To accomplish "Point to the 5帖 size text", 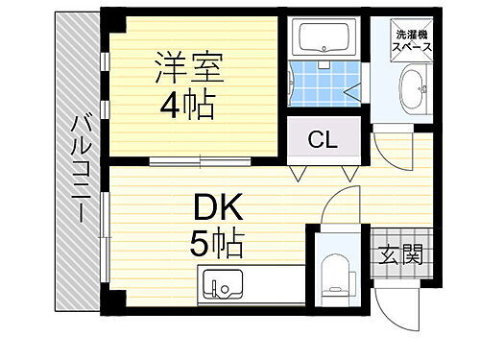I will coord(215,241).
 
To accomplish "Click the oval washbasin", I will coord(416,92).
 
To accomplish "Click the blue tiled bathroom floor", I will coord(321,84).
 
